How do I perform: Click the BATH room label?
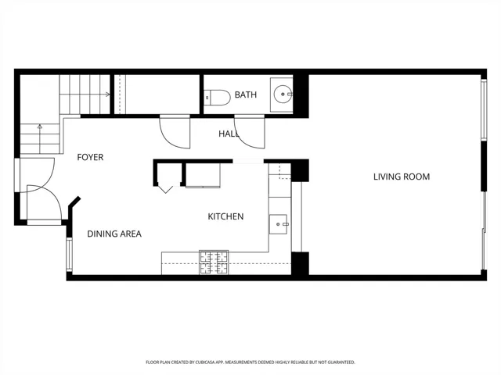point(245,95)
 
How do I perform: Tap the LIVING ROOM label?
point(402,177)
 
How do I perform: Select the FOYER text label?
point(90,157)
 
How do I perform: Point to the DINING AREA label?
point(114,234)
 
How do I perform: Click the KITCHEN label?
point(225,216)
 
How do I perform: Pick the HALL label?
point(229,134)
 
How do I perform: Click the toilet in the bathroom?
point(218,97)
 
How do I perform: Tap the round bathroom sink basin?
point(283,94)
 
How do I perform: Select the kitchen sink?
point(279,224)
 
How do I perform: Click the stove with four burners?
point(214,262)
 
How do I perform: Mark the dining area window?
point(69,255)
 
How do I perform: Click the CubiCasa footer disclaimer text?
point(250,362)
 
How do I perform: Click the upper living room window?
point(484,109)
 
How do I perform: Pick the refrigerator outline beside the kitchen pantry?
point(203,175)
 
